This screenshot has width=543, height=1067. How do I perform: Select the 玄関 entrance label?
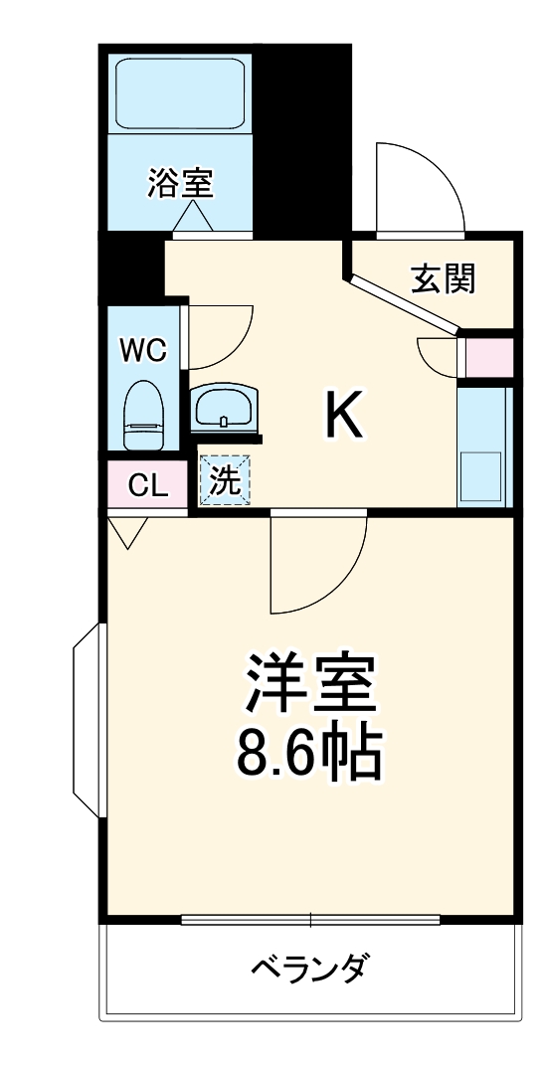point(443,279)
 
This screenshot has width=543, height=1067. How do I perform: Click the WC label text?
point(143,349)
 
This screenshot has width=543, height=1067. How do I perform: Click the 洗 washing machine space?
point(225,481)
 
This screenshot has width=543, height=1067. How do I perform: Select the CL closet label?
point(147,486)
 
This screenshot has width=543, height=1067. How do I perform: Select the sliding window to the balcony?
point(311,919)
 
